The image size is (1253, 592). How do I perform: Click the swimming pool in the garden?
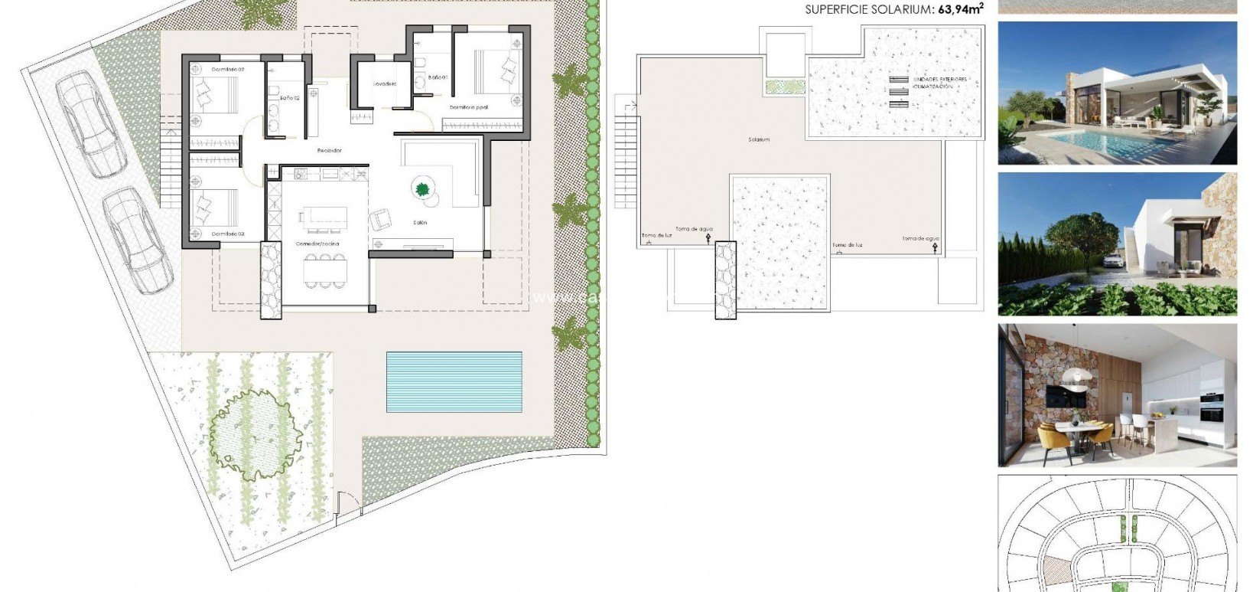pyautogui.click(x=454, y=381)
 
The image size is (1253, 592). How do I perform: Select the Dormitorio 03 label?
pyautogui.click(x=227, y=233)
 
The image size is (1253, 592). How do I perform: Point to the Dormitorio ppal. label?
pyautogui.click(x=468, y=107)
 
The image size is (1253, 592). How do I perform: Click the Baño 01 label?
pyautogui.click(x=437, y=77)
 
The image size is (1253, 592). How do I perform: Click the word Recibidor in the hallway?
pyautogui.click(x=329, y=151)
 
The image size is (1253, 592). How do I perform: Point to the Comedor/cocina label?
pyautogui.click(x=317, y=244)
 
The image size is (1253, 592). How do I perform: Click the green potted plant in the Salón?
pyautogui.click(x=421, y=188)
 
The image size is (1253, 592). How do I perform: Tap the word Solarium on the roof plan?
pyautogui.click(x=759, y=140)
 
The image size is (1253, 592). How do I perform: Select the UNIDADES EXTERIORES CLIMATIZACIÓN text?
pyautogui.click(x=940, y=83)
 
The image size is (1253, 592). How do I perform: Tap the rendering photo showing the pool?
pyautogui.click(x=1117, y=93)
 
